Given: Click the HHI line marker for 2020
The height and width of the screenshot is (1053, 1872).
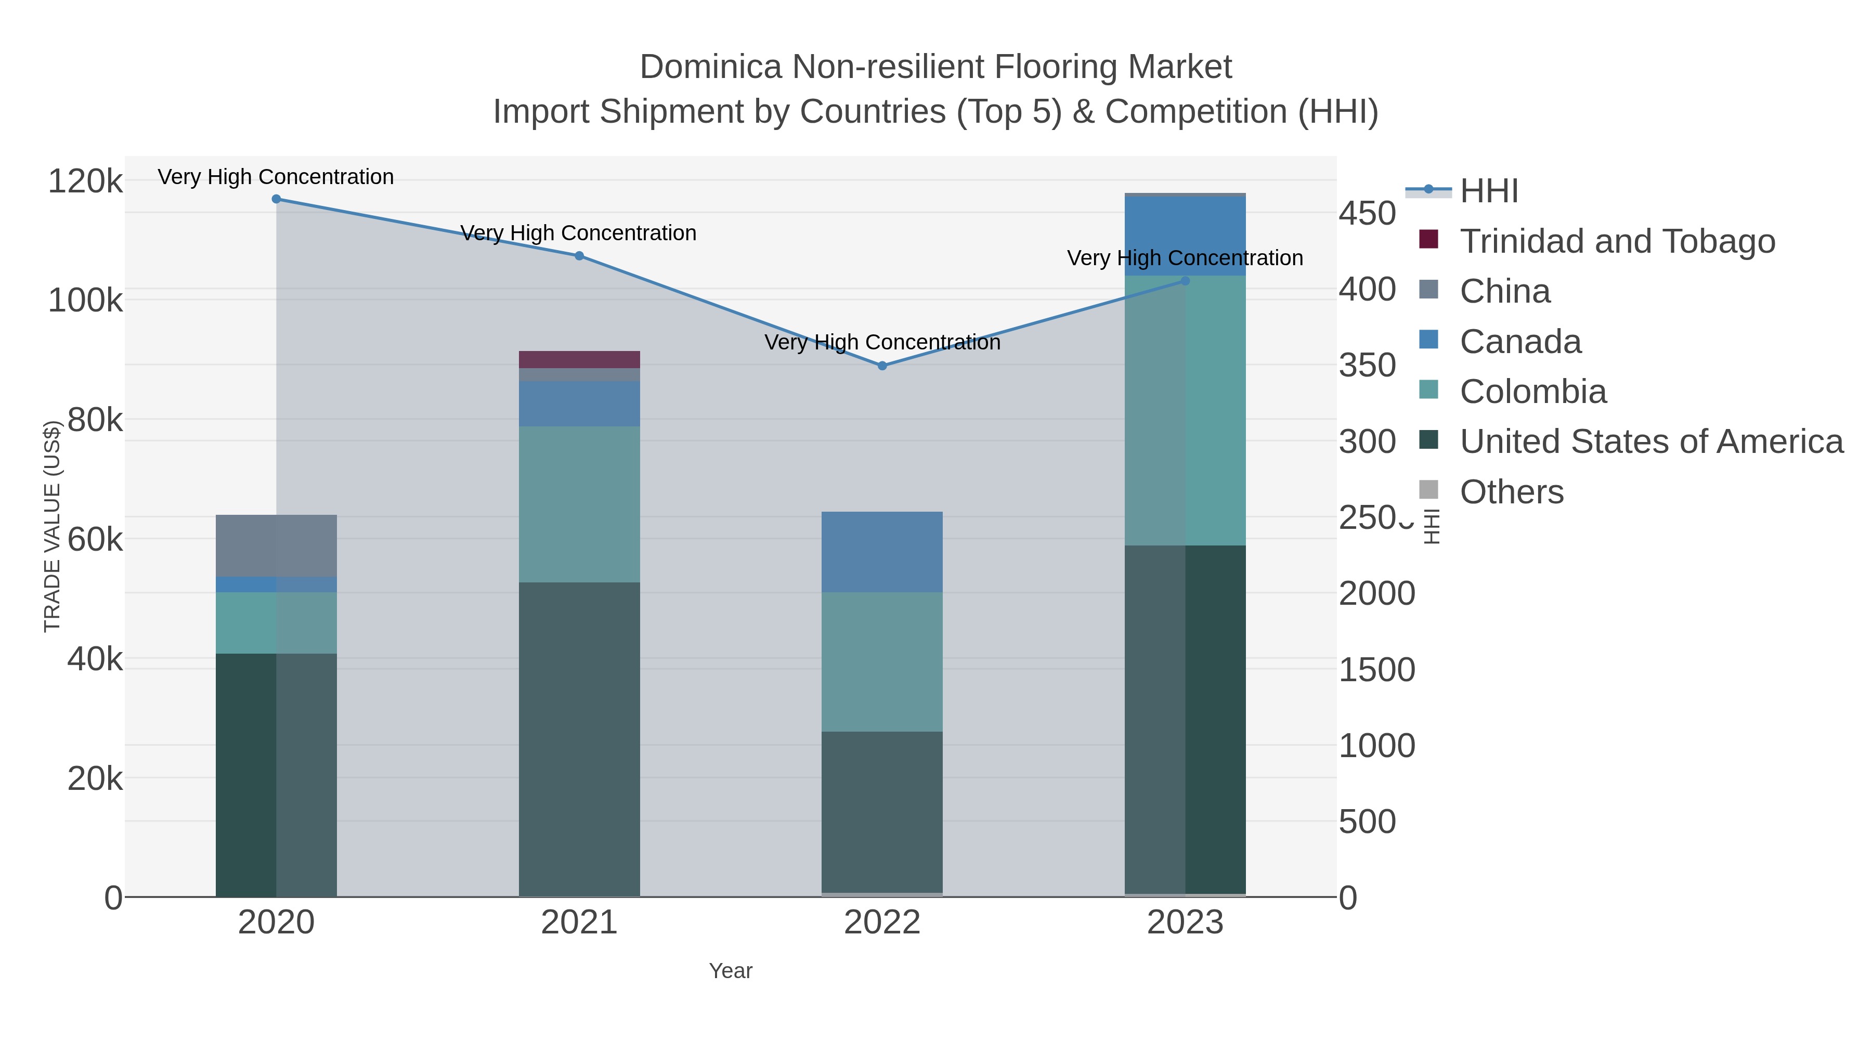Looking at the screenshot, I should tap(276, 199).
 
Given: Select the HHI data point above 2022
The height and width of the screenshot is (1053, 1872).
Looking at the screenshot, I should tap(882, 366).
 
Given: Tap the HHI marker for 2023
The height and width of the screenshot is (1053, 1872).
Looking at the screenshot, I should tap(1185, 280).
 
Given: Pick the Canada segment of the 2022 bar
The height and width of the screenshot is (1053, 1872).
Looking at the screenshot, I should tap(882, 552).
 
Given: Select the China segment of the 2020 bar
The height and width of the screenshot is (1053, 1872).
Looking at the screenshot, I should tap(276, 546).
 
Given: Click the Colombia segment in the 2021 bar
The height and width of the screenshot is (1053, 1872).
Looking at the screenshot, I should tap(579, 504).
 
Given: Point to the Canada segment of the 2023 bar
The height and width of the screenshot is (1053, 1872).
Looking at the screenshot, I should tap(1185, 236).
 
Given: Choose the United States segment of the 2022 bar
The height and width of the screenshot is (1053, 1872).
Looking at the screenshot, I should tap(882, 812).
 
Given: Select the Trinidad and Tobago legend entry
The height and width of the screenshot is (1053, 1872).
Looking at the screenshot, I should tap(1617, 241).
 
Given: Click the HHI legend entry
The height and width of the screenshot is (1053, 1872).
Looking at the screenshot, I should tap(1488, 191).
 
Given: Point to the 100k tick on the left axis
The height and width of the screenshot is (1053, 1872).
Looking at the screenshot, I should tap(85, 300).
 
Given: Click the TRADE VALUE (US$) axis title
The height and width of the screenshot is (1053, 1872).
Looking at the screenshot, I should tap(53, 526).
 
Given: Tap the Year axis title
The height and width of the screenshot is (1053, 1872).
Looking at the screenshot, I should tap(731, 971).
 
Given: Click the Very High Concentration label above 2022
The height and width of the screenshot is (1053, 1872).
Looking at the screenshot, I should tap(882, 342).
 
